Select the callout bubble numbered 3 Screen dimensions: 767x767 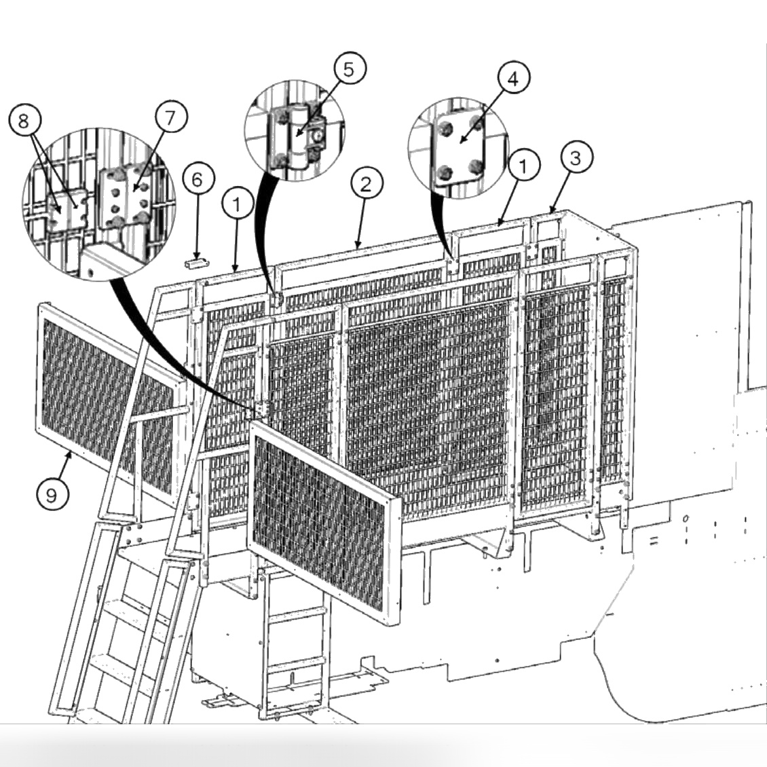pos(576,157)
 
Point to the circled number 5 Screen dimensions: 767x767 pos(348,69)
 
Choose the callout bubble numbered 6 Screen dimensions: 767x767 pos(197,180)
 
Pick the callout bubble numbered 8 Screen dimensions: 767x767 pos(24,121)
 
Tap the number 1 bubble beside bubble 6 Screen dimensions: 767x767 pos(237,203)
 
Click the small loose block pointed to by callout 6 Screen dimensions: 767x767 pos(195,261)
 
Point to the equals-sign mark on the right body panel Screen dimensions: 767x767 pos(654,541)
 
